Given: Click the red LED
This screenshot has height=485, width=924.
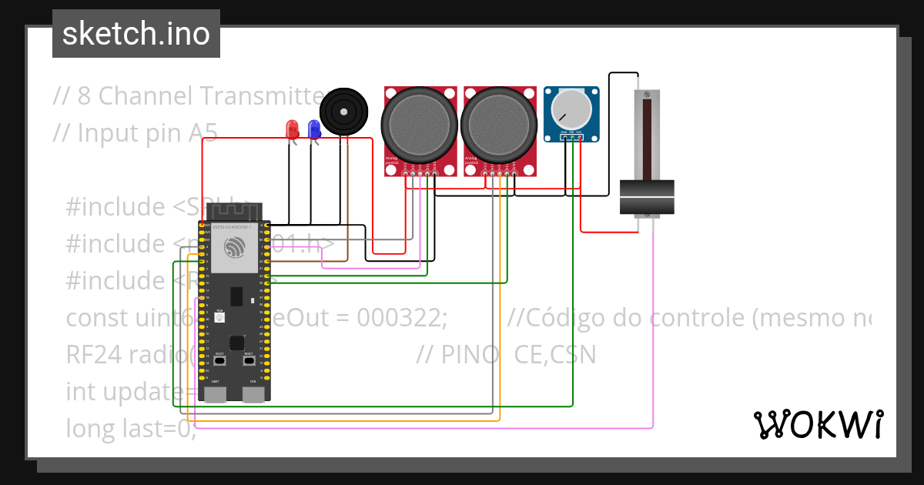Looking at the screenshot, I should coord(292,129).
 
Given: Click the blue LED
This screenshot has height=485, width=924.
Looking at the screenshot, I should coord(314,129).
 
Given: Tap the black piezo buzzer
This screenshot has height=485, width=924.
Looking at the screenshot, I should coord(343,112).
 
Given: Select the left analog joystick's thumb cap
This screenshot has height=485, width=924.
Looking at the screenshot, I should coord(420,124).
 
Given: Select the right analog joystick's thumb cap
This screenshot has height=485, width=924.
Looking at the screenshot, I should coord(498,124).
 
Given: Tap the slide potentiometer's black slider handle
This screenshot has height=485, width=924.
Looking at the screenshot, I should coord(647,197).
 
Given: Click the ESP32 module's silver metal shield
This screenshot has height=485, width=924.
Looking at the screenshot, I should coord(235,248).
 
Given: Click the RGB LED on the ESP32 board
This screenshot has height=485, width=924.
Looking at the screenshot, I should coord(219,316).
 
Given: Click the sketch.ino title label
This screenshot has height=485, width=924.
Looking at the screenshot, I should coord(136,34).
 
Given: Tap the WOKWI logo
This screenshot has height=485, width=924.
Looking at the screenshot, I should coord(818,424).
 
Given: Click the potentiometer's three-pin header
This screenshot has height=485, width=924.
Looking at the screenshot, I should coord(571,138).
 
